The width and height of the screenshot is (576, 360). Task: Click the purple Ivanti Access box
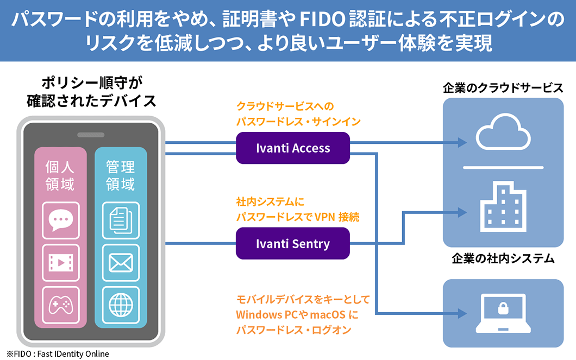293,148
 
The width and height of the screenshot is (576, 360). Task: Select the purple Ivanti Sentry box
293,244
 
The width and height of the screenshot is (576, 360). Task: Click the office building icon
503,208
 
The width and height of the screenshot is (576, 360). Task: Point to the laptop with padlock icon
503,313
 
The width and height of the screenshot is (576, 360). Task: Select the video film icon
61,263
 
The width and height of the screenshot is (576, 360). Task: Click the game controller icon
61,305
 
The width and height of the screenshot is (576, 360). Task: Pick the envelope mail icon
121,263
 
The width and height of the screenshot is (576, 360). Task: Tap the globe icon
121,305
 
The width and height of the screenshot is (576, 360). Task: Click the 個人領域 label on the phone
61,175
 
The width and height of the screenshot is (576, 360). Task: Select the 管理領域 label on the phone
121,175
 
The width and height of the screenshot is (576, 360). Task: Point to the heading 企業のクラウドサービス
503,88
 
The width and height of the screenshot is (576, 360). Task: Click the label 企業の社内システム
503,259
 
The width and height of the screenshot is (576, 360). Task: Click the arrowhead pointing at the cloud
462,142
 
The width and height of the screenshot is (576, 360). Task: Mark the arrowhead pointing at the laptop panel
462,313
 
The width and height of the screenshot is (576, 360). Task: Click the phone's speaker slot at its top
91,135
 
